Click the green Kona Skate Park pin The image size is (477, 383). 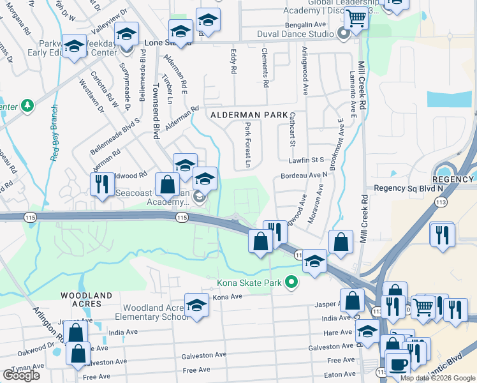coord(292,282)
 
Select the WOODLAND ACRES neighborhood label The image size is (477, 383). coord(86,300)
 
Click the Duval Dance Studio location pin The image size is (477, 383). coord(344,34)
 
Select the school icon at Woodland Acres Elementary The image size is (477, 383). coord(196,305)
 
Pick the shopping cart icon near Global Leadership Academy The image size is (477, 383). coord(356,19)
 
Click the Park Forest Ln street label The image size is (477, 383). coord(247,146)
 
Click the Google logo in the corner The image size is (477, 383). coord(21,375)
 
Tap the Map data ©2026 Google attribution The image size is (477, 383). coord(437,379)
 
